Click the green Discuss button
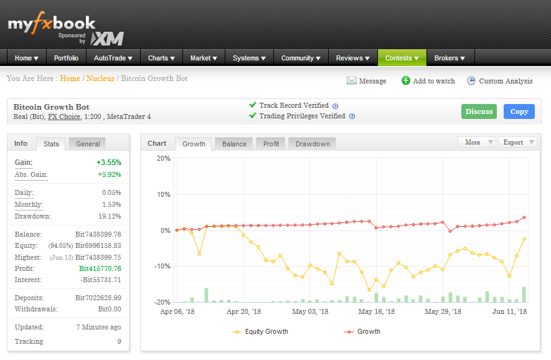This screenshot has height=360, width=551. [x=479, y=111]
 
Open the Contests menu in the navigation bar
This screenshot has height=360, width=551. [x=402, y=58]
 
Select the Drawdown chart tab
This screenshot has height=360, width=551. [x=313, y=144]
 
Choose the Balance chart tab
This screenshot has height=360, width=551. [x=234, y=144]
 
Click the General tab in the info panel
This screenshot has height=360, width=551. [x=88, y=144]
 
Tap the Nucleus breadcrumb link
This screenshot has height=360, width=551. [x=100, y=78]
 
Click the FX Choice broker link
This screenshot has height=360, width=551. [x=64, y=116]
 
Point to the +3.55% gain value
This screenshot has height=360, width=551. [x=109, y=163]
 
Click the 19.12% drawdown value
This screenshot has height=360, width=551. [x=110, y=216]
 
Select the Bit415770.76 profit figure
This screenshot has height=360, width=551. [x=100, y=268]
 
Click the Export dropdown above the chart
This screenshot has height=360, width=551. [x=518, y=142]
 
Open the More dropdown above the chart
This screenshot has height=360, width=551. [x=477, y=142]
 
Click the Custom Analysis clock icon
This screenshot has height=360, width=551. [x=471, y=80]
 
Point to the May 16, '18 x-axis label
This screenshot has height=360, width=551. [x=376, y=311]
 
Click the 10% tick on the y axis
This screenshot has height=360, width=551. [x=163, y=194]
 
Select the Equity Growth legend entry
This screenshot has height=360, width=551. [x=260, y=331]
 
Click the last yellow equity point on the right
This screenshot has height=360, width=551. [x=524, y=239]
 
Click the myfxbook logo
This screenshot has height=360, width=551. [x=52, y=24]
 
